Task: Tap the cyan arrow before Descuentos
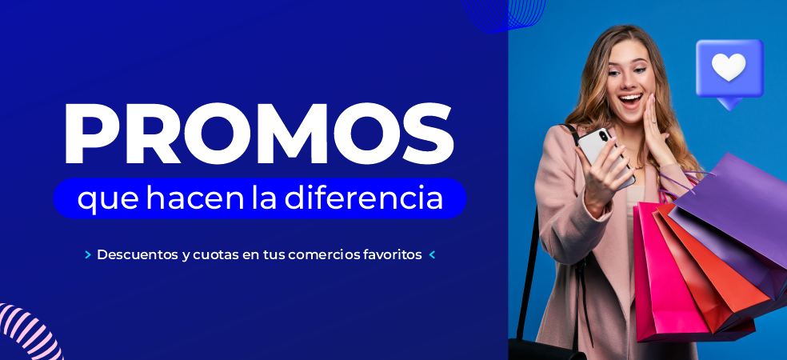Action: pyautogui.click(x=88, y=255)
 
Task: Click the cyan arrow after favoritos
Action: pyautogui.click(x=432, y=255)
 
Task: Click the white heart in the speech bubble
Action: pyautogui.click(x=729, y=66)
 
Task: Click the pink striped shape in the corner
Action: pyautogui.click(x=29, y=332)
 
